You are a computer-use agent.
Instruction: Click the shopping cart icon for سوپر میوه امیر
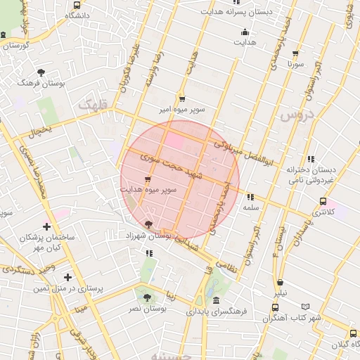pyautogui.click(x=182, y=99)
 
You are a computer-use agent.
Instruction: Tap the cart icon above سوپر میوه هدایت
pyautogui.click(x=146, y=179)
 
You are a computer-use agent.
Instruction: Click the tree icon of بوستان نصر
pyautogui.click(x=147, y=298)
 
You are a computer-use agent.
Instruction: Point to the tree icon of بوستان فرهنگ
pyautogui.click(x=41, y=72)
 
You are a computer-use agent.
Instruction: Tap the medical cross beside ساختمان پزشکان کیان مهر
pyautogui.click(x=47, y=227)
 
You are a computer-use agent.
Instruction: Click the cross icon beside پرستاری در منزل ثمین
pyautogui.click(x=67, y=278)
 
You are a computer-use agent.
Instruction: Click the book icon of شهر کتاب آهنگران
pyautogui.click(x=304, y=307)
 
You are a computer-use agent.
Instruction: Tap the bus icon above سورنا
pyautogui.click(x=295, y=53)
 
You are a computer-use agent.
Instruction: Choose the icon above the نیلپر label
pyautogui.click(x=281, y=283)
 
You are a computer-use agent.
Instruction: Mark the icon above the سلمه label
pyautogui.click(x=251, y=198)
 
